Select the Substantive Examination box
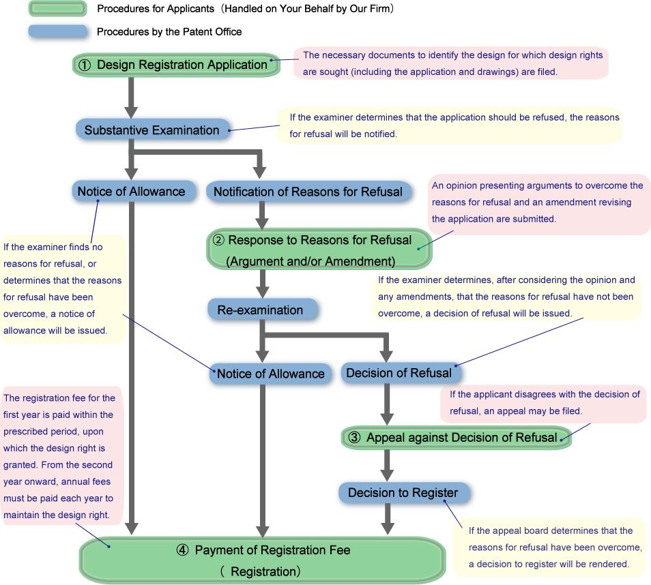pyautogui.click(x=151, y=130)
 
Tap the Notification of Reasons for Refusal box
pyautogui.click(x=308, y=192)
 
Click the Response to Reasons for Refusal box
pyautogui.click(x=319, y=250)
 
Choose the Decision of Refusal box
pyautogui.click(x=399, y=373)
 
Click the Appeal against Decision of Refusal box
pyautogui.click(x=456, y=438)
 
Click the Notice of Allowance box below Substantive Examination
pyautogui.click(x=131, y=192)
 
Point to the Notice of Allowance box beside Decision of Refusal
pyautogui.click(x=270, y=374)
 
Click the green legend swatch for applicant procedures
pyautogui.click(x=58, y=9)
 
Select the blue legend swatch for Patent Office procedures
pyautogui.click(x=58, y=31)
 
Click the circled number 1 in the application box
pyautogui.click(x=85, y=65)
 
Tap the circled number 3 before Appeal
pyautogui.click(x=354, y=438)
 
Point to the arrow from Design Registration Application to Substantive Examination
pyautogui.click(x=132, y=98)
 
